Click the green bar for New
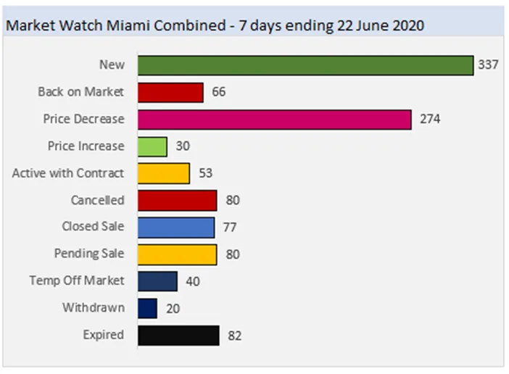tap(305, 65)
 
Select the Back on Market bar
tap(170, 92)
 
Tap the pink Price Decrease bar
tap(274, 119)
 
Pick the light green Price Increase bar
tap(152, 146)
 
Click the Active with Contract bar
tap(163, 173)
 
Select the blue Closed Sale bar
tap(175, 228)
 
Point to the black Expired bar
tap(178, 336)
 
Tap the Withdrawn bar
tap(147, 308)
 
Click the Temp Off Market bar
tap(157, 281)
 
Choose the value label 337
tap(488, 65)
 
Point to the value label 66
tap(219, 93)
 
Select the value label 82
tap(233, 336)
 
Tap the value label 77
tap(229, 228)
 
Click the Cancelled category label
tap(97, 200)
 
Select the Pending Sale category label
tap(89, 254)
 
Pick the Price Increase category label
tap(86, 146)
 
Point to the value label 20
tap(173, 309)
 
